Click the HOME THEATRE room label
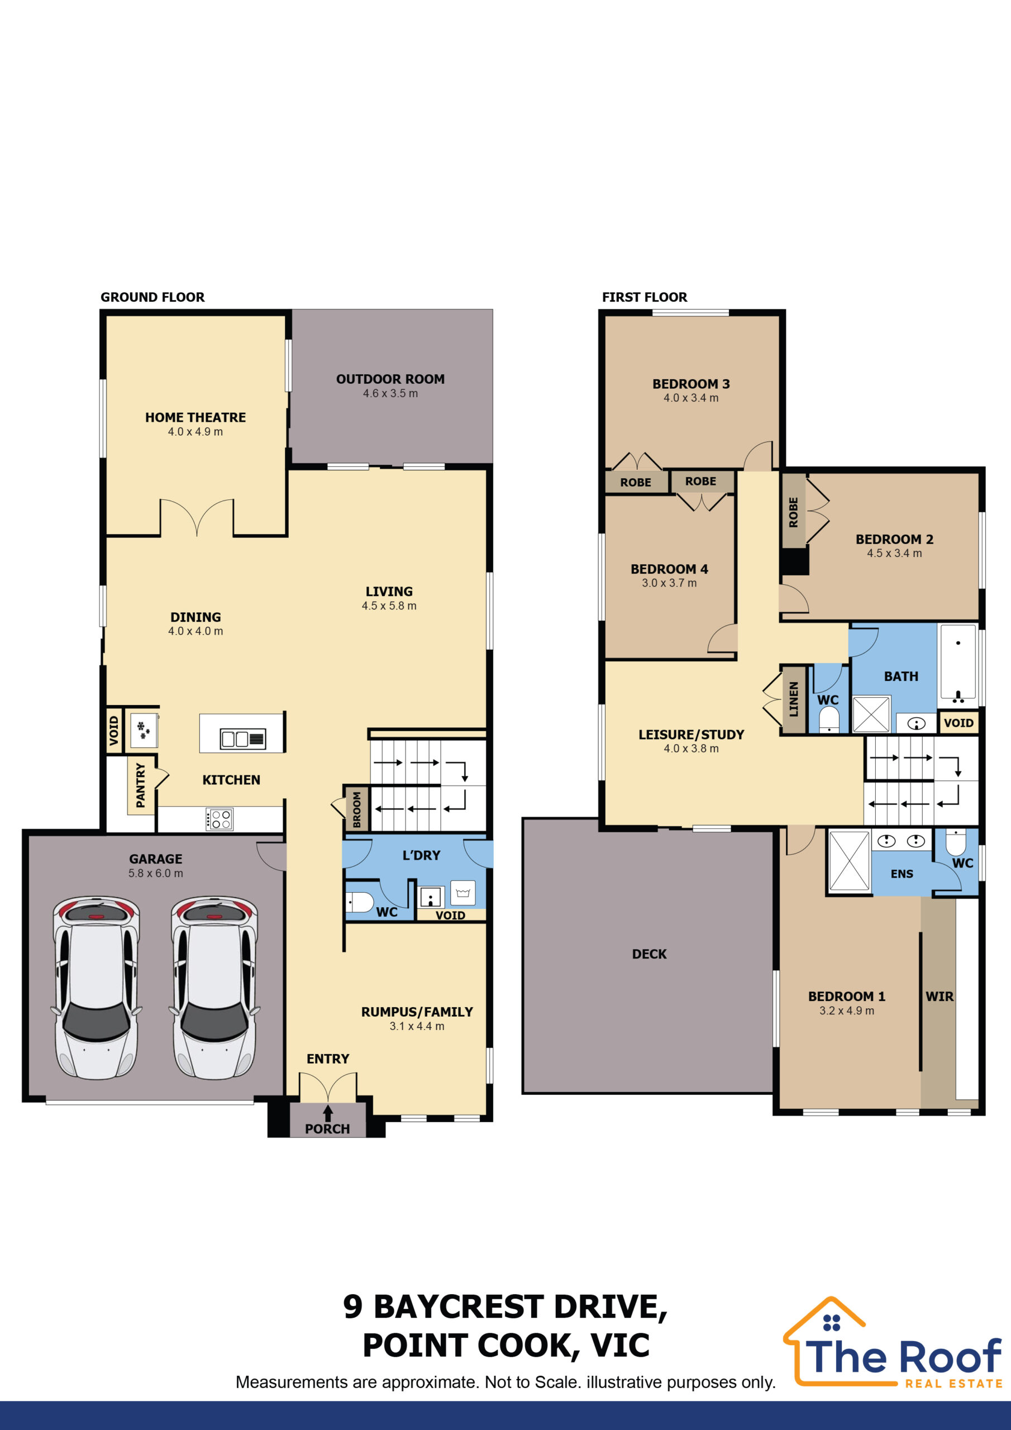pos(195,417)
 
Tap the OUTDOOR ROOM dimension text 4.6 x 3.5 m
pos(390,394)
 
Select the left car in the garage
pos(97,988)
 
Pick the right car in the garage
pos(215,988)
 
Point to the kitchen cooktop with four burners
pos(220,819)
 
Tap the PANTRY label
pos(140,786)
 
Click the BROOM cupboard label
pos(357,809)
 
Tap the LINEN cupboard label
pos(794,699)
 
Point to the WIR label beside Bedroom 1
pos(940,997)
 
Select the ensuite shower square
pos(848,861)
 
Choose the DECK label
pos(649,954)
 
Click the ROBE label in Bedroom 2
pos(794,512)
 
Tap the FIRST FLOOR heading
pos(645,297)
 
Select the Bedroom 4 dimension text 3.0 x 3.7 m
pos(670,583)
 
